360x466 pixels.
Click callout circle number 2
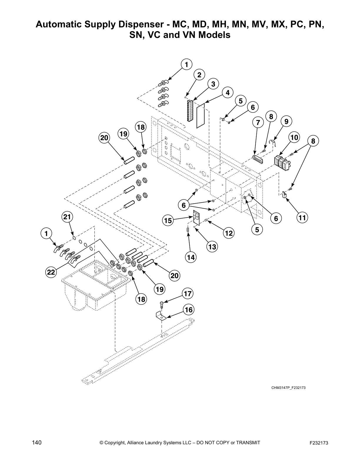pos(199,75)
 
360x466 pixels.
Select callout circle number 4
pos(228,93)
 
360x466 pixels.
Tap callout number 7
pos(258,122)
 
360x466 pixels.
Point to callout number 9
pos(286,121)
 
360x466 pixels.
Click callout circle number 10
pos(294,137)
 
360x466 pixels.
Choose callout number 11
pos(302,218)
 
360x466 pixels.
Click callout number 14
pos(191,257)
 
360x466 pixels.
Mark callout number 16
pos(189,309)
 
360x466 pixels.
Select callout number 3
pos(213,84)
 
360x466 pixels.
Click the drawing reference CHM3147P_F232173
pos(288,388)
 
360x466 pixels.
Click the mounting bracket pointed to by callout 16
pos(161,317)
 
